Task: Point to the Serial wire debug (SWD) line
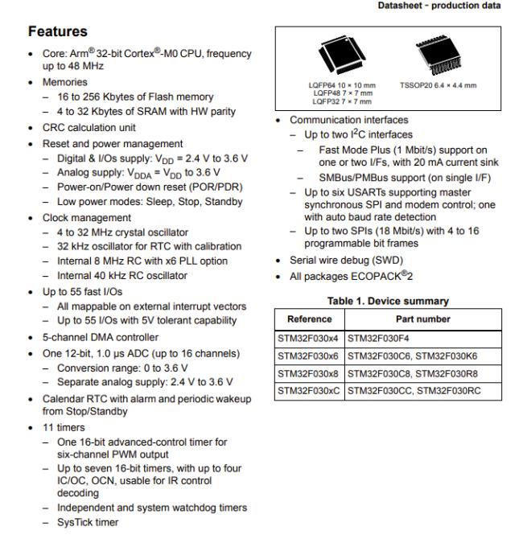click(339, 260)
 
